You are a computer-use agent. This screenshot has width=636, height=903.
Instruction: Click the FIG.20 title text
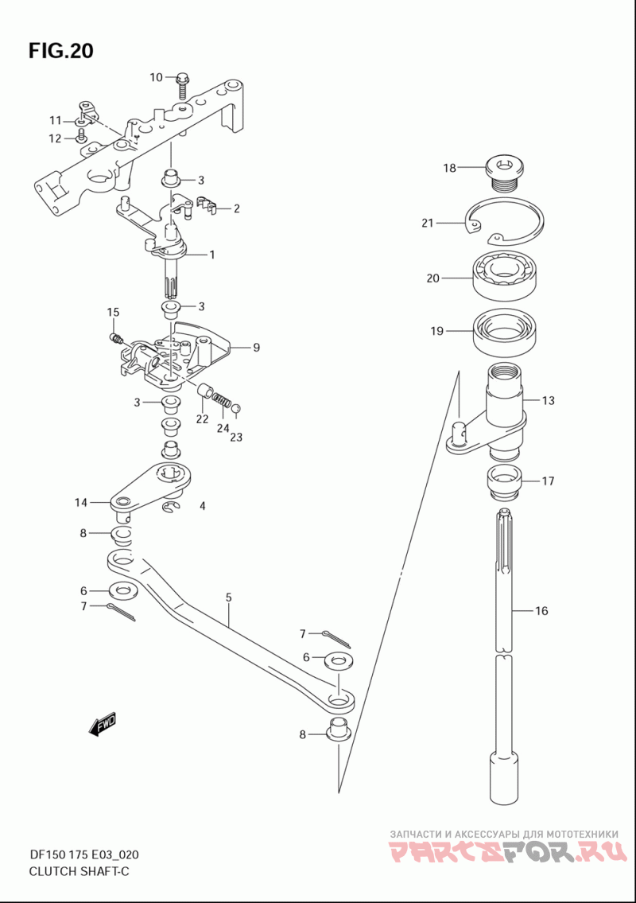61,51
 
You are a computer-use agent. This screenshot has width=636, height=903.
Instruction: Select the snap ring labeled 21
505,221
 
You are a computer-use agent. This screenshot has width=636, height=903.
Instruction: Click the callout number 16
541,610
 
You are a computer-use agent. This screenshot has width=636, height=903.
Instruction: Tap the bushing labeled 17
504,482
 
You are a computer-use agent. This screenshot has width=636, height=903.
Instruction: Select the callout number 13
548,399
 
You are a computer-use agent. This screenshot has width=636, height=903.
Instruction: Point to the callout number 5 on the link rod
228,597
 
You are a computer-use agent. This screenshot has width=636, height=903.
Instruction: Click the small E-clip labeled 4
172,506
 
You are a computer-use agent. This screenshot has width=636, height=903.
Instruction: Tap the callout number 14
80,503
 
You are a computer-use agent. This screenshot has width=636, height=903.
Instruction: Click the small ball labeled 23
236,408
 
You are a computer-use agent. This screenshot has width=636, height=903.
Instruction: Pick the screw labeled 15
116,338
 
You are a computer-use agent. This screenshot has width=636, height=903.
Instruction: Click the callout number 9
256,347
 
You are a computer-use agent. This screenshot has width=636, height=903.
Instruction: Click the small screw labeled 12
80,137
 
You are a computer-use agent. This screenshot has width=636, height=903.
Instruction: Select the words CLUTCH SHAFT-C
79,871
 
